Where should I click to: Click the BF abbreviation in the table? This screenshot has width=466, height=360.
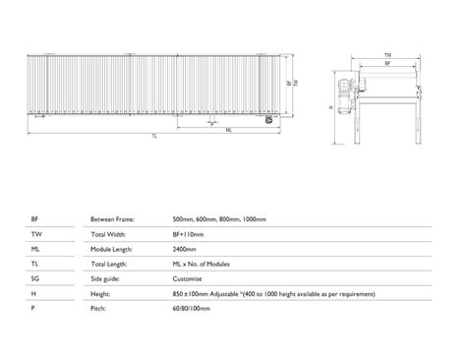click(35, 218)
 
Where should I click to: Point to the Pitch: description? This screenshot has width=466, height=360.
click(99, 309)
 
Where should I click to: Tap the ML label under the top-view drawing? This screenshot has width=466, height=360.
click(228, 128)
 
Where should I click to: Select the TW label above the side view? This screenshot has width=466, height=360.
click(389, 55)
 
